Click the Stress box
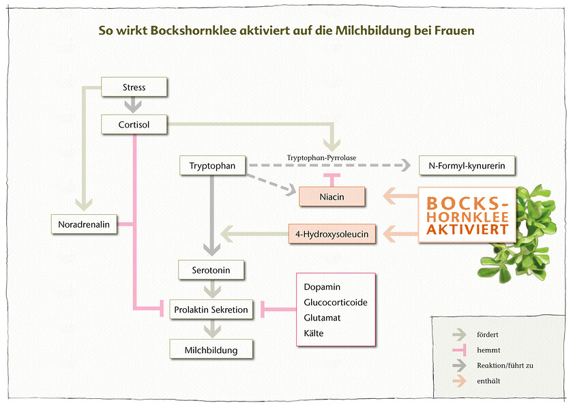pos(134,87)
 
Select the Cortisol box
pos(134,124)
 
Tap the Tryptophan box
pos(212,165)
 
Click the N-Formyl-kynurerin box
pos(467,165)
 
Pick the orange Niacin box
pos(332,196)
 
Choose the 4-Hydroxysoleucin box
pos(332,235)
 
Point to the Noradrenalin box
pos(84,224)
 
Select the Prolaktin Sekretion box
pos(211,310)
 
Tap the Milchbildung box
pos(211,350)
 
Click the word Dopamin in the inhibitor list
pos(322,287)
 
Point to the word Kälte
pos(314,333)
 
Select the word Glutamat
pos(323,318)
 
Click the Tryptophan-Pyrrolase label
pos(321,157)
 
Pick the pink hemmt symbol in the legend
pos(459,350)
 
